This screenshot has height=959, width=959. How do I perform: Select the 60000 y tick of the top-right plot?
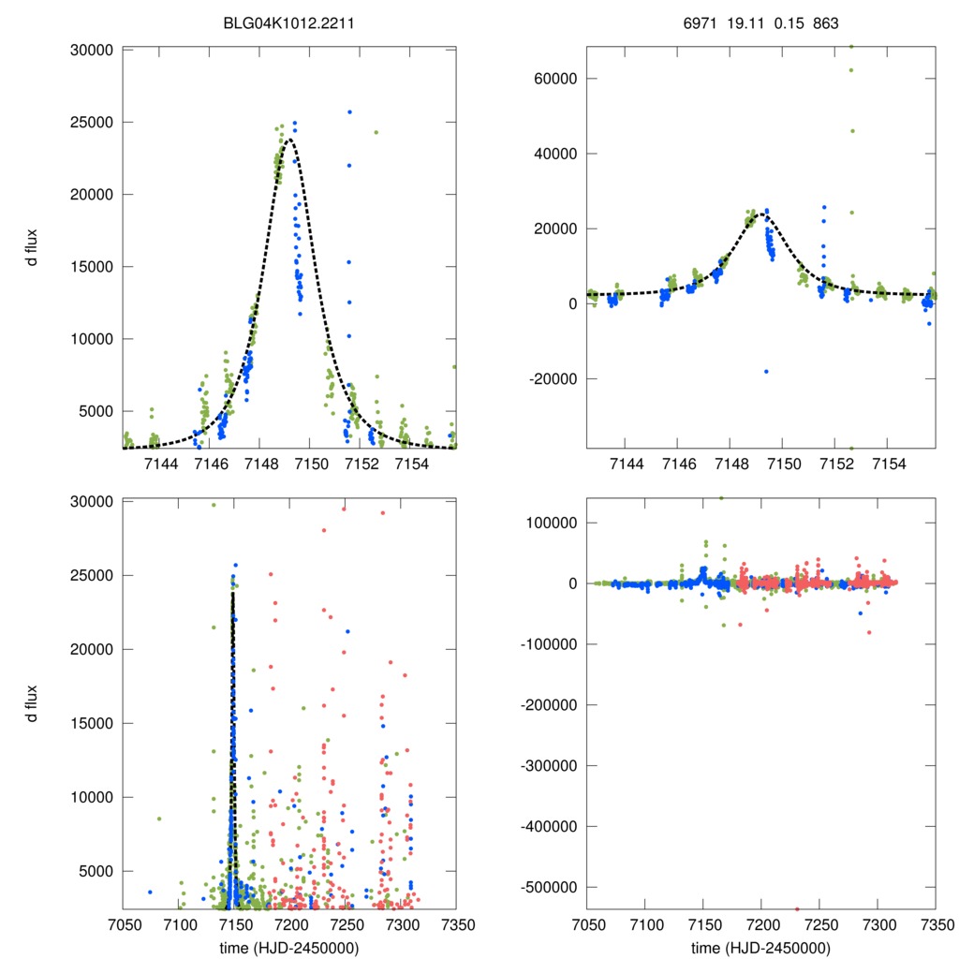[553, 79]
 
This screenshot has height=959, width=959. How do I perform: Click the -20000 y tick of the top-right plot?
[551, 378]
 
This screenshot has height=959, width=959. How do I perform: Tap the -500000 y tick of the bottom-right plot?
[546, 887]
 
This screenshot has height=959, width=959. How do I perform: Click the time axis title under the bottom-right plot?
[760, 947]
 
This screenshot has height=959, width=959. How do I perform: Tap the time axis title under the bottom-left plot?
[289, 947]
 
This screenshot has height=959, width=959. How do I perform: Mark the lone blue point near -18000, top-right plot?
[765, 372]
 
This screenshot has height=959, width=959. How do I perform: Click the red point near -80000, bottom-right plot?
[868, 632]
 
